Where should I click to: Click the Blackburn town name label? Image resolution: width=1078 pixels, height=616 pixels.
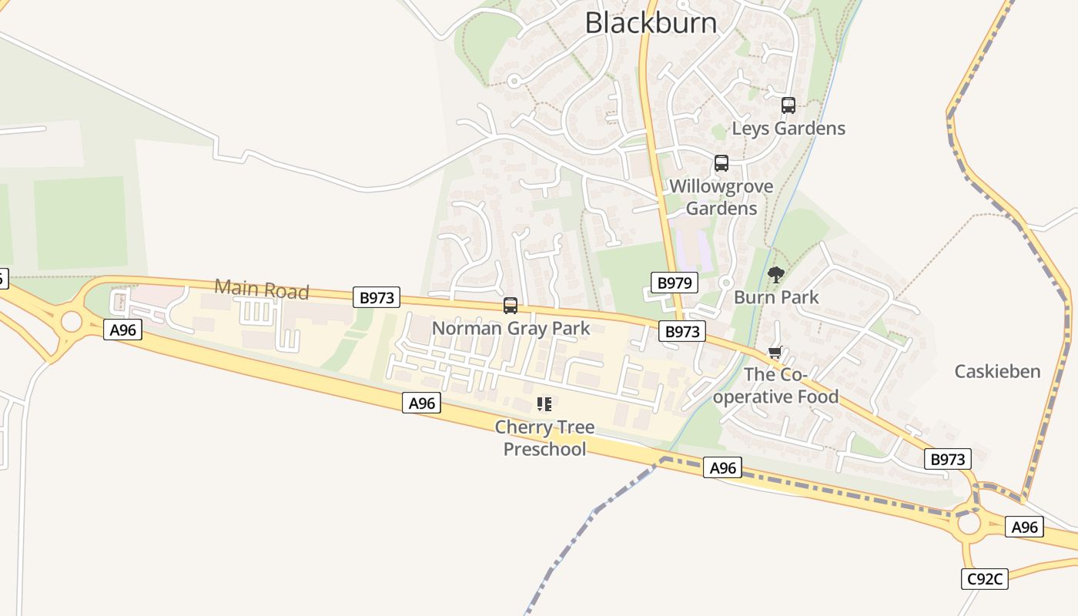point(651,22)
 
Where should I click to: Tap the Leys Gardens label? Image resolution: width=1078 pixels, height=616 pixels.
point(788,129)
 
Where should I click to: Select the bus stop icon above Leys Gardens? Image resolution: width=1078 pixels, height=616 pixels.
point(788,105)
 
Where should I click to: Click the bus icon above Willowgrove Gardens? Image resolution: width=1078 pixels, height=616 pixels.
point(721,163)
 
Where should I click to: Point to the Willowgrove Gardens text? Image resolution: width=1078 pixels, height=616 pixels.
point(721,197)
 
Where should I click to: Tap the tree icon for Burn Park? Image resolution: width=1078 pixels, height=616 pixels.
point(776,275)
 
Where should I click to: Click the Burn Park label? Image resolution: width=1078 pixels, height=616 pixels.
point(776,297)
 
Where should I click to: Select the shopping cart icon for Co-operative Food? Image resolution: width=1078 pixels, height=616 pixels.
point(775,353)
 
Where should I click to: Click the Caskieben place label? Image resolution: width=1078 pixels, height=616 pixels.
point(997,371)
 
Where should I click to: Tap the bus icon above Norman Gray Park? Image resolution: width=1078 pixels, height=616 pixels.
point(510,306)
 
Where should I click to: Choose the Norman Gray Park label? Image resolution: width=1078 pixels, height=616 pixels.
point(511,328)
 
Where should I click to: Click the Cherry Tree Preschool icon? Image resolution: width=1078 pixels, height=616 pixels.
point(544,403)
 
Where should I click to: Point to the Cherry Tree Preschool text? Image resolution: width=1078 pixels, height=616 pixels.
point(544,438)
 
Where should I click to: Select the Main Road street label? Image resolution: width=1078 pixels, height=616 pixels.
point(262,290)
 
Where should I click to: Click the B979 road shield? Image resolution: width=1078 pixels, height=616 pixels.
point(674,283)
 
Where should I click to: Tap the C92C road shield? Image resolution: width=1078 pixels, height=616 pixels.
point(984,579)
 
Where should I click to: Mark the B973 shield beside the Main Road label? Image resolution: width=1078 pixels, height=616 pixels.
point(377,297)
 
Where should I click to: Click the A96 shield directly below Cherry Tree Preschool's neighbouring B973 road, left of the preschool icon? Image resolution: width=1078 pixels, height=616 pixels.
point(421,403)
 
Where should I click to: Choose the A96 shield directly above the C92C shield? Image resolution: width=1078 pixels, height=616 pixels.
point(1024,527)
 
